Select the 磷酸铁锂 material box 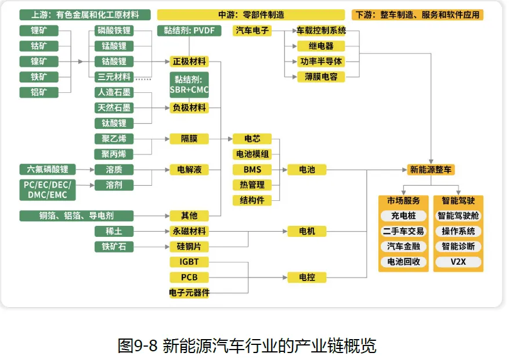coord(114,31)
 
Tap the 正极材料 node coord(189,62)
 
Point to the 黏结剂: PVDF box coord(189,31)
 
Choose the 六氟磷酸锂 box coord(47,170)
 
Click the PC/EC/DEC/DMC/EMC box coord(47,190)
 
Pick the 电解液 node coord(189,170)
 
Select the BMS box coord(252,170)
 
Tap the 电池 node coord(307,170)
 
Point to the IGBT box coord(189,262)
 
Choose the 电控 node coord(307,278)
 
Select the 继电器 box coord(320,46)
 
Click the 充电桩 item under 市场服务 coord(403,216)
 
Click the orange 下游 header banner coord(417,15)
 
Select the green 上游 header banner coord(85,15)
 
